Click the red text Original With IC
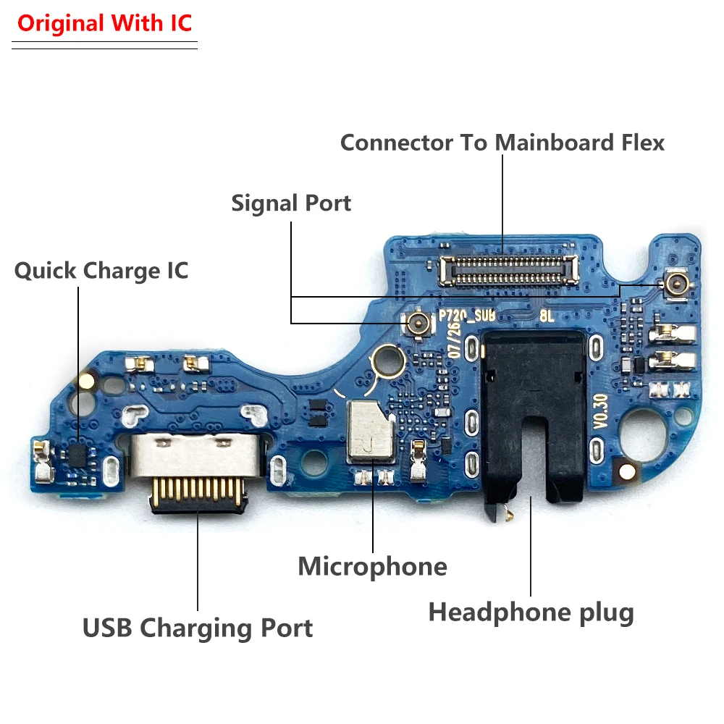pos(104,23)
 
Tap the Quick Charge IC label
pos(101,271)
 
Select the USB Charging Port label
pos(198,627)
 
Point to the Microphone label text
pos(372,565)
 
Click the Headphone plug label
pos(531,613)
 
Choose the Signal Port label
pos(291,203)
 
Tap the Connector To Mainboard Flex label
pos(502,143)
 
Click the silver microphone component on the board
pos(370,429)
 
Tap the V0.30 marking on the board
pos(600,413)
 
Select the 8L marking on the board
pos(547,316)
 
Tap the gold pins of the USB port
pos(195,494)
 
